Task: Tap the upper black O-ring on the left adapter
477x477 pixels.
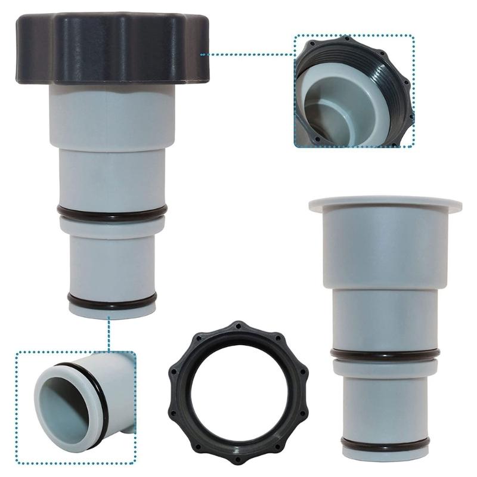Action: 111,211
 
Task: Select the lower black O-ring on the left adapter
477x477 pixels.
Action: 111,300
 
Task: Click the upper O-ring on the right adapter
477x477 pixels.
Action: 385,353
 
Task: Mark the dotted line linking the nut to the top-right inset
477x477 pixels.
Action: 247,54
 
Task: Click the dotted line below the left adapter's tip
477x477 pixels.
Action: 109,334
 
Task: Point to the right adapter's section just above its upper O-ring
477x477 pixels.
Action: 385,316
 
